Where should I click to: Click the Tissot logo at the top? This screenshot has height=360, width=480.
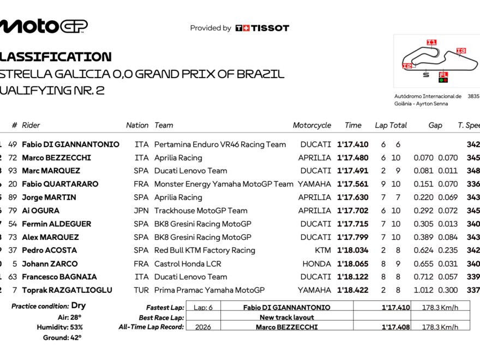(262, 28)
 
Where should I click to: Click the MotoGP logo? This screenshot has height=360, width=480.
(44, 26)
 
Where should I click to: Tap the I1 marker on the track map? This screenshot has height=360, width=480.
(431, 42)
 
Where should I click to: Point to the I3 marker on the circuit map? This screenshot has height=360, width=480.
(461, 51)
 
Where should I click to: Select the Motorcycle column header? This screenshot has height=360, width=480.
(311, 125)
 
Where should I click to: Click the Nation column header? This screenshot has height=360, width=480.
(137, 125)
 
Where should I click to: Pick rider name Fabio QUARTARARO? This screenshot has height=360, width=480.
(60, 184)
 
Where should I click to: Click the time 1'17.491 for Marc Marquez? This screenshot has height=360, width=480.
(352, 171)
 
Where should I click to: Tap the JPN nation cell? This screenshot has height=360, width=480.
(141, 211)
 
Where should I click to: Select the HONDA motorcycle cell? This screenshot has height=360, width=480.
(317, 263)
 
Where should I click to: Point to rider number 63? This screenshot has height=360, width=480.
(13, 277)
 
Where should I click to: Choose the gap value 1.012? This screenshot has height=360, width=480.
(424, 290)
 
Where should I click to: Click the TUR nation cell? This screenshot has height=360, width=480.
(141, 290)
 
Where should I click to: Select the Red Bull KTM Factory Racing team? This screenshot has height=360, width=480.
(205, 250)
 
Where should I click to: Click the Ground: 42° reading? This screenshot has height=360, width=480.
(62, 338)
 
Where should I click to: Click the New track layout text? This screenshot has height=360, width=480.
(286, 317)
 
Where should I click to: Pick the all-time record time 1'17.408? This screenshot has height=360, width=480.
(395, 327)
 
